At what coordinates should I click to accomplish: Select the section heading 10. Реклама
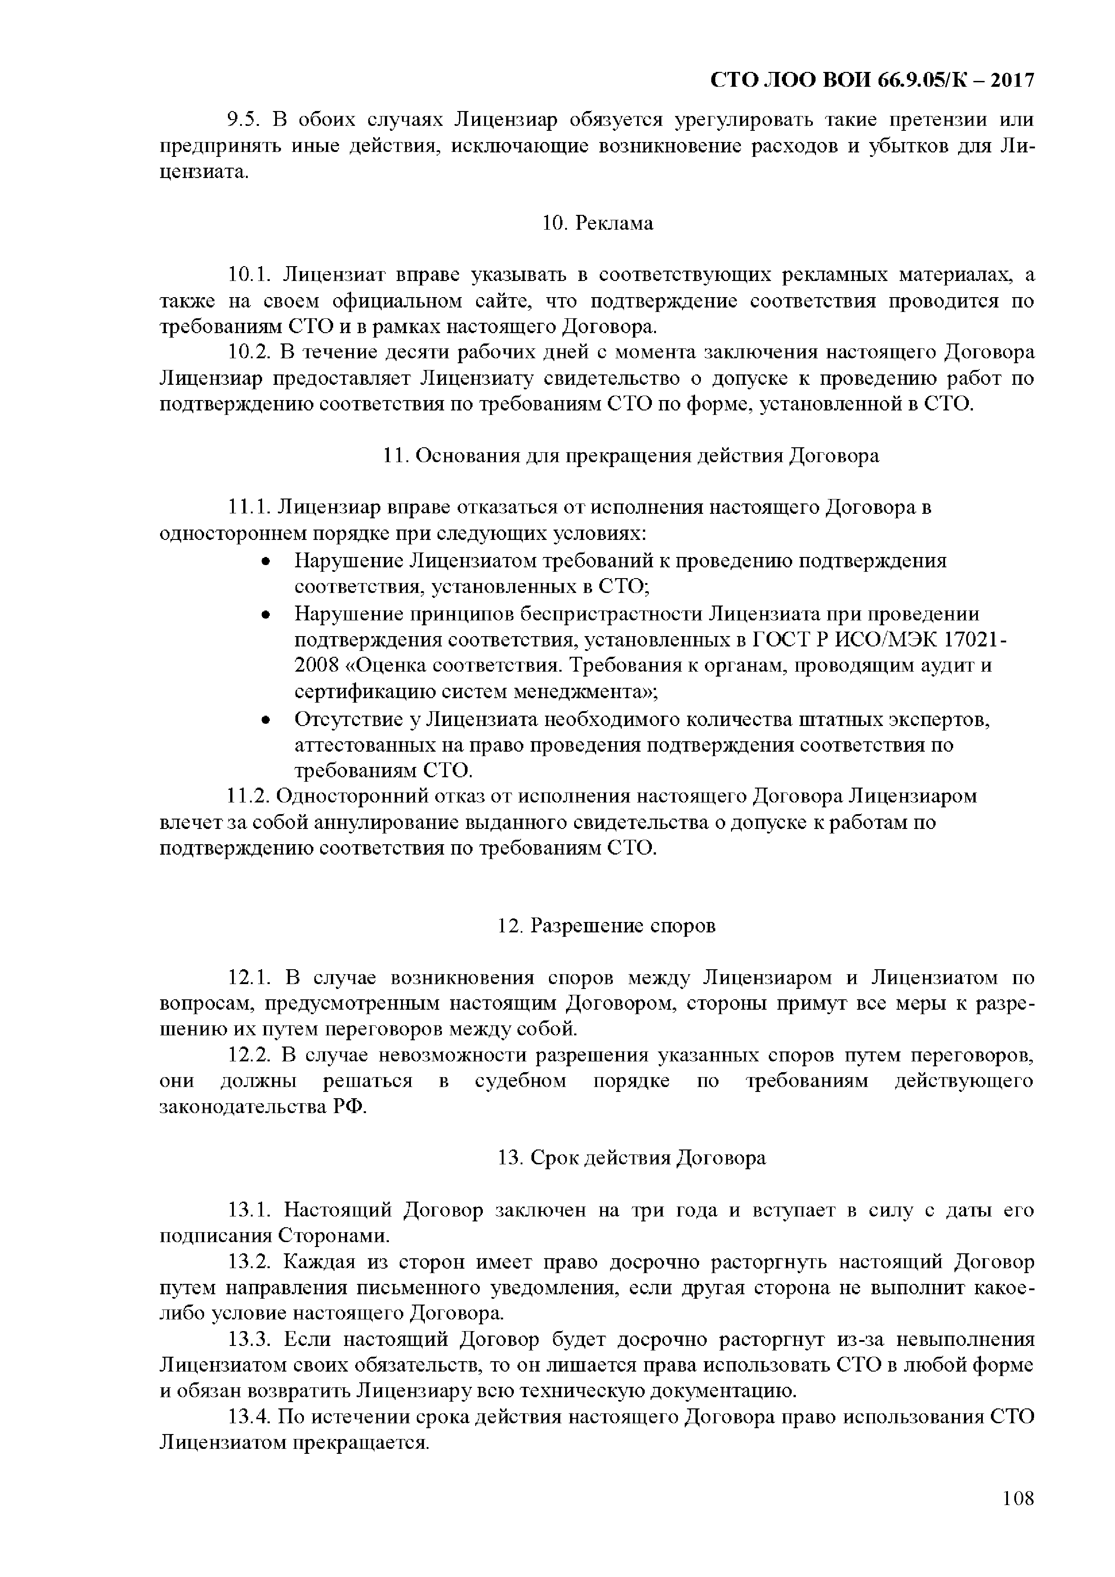tap(597, 223)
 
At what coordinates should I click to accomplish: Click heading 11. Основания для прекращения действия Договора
tap(630, 456)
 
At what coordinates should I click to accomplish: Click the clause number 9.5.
tap(241, 120)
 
